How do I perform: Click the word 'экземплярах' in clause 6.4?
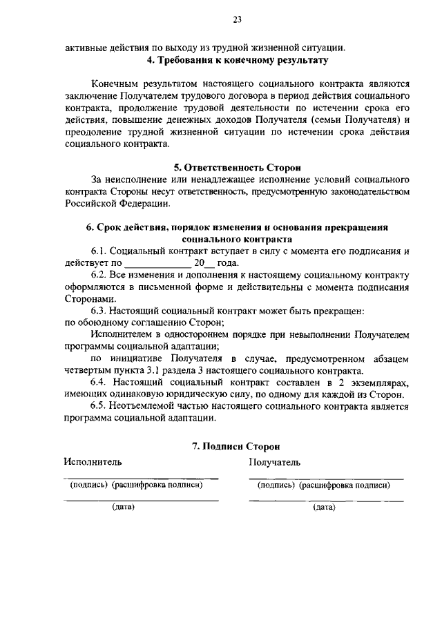pos(379,383)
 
